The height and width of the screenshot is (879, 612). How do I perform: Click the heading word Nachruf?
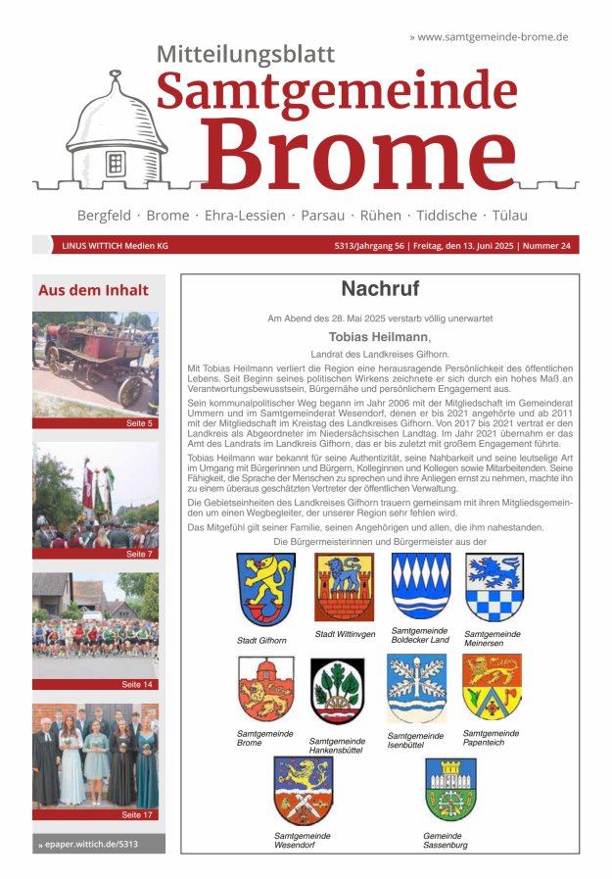click(380, 289)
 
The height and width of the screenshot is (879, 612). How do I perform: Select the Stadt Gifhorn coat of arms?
click(265, 590)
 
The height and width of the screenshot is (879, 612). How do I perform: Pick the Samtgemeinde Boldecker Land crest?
click(421, 586)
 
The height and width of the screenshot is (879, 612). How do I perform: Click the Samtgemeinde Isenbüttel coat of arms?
click(416, 689)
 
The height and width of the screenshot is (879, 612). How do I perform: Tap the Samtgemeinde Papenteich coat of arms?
click(492, 687)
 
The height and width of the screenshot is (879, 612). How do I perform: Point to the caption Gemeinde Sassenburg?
click(446, 840)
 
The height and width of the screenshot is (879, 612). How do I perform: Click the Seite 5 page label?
click(139, 423)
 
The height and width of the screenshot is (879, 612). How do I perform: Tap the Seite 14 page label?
click(137, 684)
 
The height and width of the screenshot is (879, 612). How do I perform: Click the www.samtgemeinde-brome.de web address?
click(489, 36)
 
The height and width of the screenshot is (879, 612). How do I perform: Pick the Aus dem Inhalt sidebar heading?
click(93, 290)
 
